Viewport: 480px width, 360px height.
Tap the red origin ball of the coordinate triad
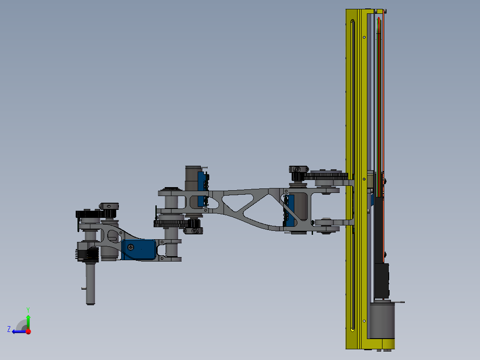click(28, 331)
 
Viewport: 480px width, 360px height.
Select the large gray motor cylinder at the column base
click(382, 320)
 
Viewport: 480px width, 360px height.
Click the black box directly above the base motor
click(381, 280)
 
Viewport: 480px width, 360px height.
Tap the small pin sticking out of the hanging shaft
click(84, 288)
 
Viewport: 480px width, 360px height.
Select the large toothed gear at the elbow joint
click(169, 224)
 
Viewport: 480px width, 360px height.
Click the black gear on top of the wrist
click(89, 214)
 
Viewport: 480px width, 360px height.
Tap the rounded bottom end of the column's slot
click(352, 329)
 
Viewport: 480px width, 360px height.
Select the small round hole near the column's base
click(364, 320)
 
